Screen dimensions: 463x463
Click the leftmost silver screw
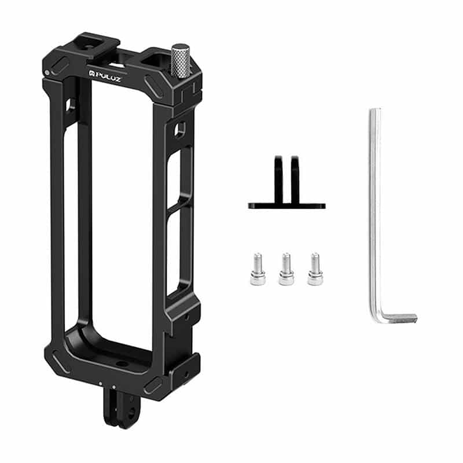257,269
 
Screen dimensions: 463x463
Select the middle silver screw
285,269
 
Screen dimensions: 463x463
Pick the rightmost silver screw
314,269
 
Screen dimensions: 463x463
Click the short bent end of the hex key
399,318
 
